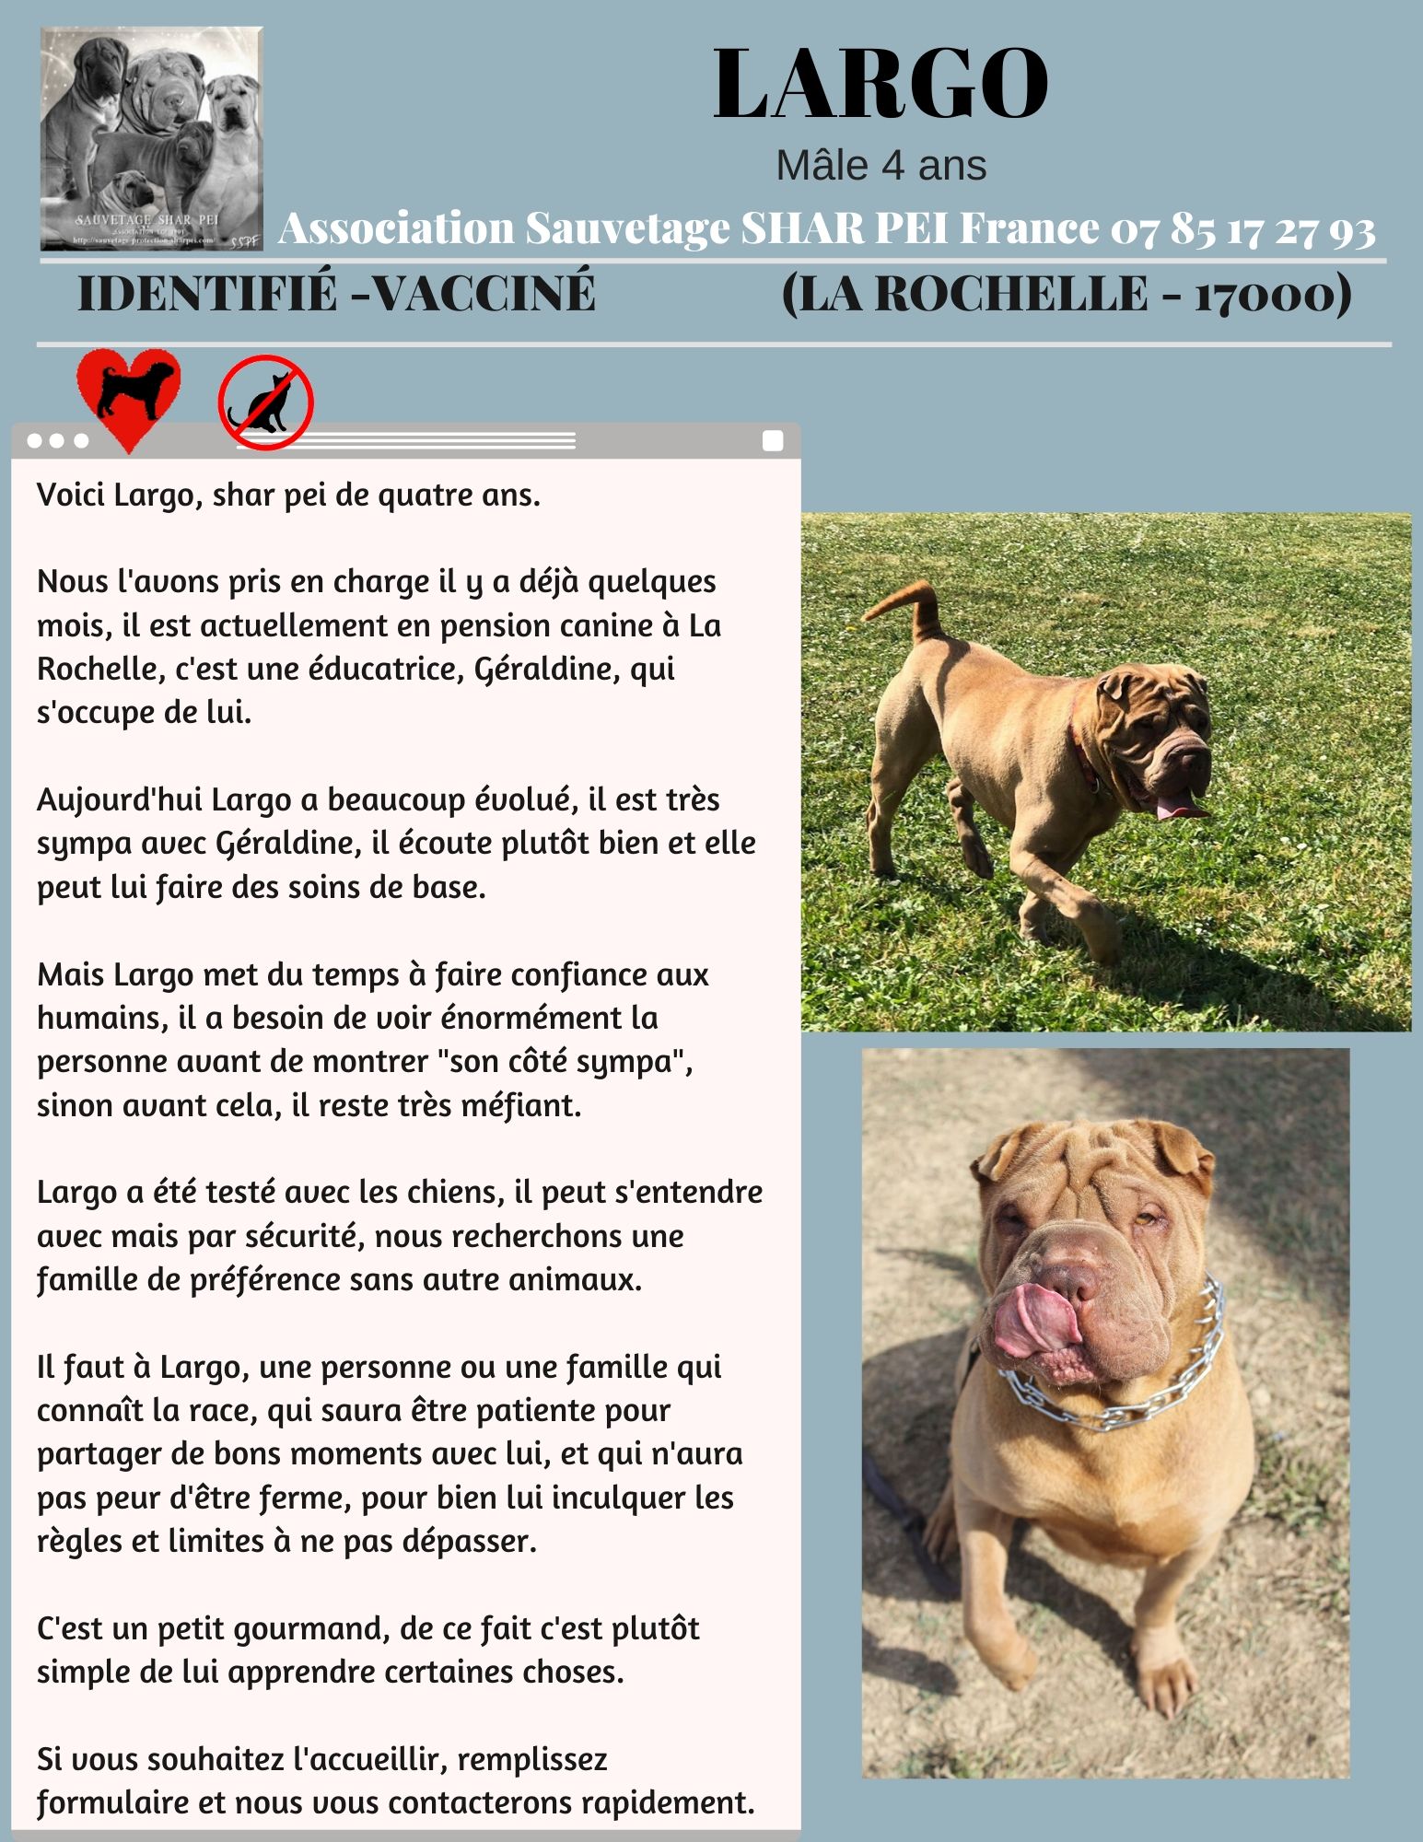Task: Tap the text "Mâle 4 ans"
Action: click(881, 166)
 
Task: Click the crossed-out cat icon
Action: click(266, 402)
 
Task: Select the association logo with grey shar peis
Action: click(151, 138)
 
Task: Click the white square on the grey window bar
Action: click(773, 441)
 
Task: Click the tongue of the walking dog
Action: click(1178, 808)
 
